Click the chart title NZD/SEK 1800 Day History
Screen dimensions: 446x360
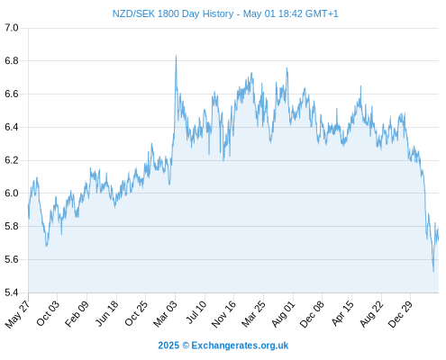coord(173,13)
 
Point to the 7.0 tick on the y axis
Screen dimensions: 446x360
coord(12,28)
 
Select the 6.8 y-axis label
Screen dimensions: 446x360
coord(12,61)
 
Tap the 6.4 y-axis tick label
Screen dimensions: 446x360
coord(12,127)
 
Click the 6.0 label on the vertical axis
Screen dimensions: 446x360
coord(12,193)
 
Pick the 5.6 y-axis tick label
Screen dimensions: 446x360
coord(12,259)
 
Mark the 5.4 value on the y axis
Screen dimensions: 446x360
coord(12,292)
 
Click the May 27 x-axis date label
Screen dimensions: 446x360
coord(17,313)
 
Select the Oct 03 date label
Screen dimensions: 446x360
coord(48,313)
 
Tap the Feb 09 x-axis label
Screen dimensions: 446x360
coord(77,313)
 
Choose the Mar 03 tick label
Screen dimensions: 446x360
coord(165,313)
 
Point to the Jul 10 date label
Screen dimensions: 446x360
coord(196,312)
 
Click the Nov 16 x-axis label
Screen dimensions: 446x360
coord(223,314)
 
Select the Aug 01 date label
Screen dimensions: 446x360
coord(283,314)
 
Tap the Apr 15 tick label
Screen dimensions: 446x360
coord(342,313)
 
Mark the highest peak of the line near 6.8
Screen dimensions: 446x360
coord(176,56)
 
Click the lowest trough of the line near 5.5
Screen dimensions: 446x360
coord(433,271)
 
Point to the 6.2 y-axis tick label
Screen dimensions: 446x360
coord(12,160)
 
